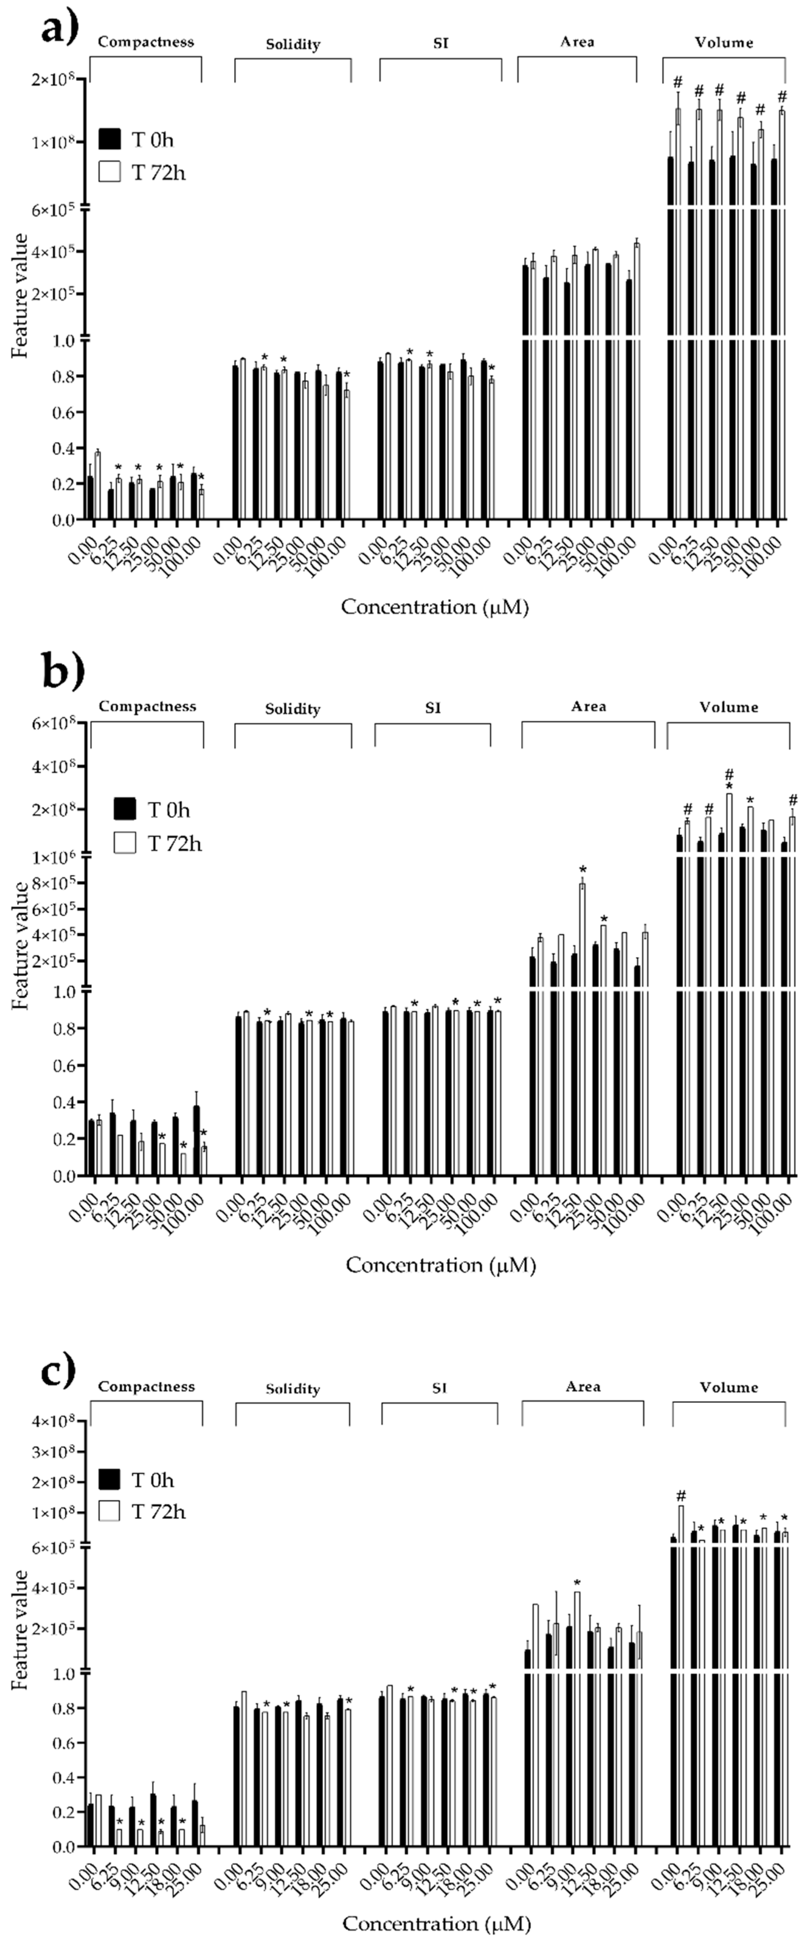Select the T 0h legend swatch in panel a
point(110,139)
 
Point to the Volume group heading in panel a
point(724,42)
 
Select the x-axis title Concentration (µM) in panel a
point(435,607)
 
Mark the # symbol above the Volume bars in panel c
point(681,1495)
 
